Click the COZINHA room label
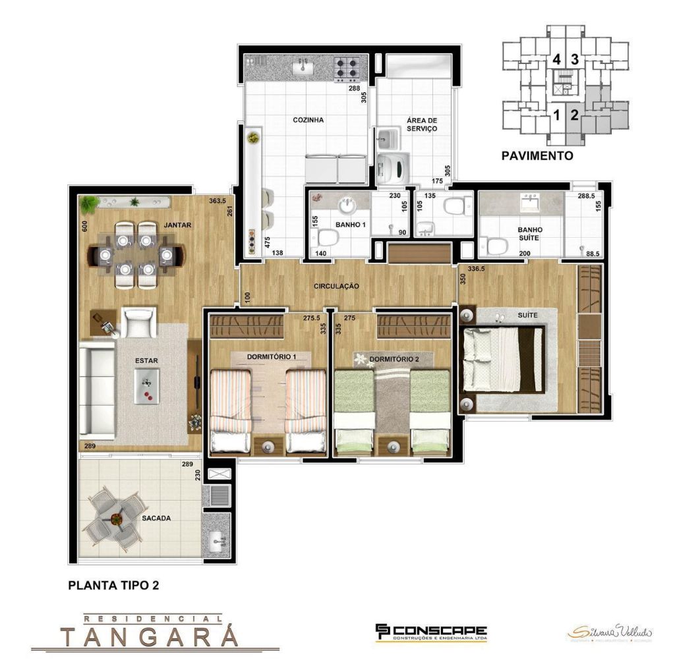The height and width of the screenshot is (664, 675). coord(308,120)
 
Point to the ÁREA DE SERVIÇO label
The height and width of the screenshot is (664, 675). coord(422,124)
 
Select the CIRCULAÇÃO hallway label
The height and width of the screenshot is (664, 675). coord(336,287)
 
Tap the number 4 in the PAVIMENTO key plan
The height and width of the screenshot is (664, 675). coord(557,59)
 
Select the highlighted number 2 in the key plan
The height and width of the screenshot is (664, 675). coord(574,116)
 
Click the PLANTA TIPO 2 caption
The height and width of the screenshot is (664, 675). coord(113,584)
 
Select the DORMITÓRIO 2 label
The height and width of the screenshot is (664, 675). coord(394,359)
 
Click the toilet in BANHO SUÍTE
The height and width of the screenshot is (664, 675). coord(497,246)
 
